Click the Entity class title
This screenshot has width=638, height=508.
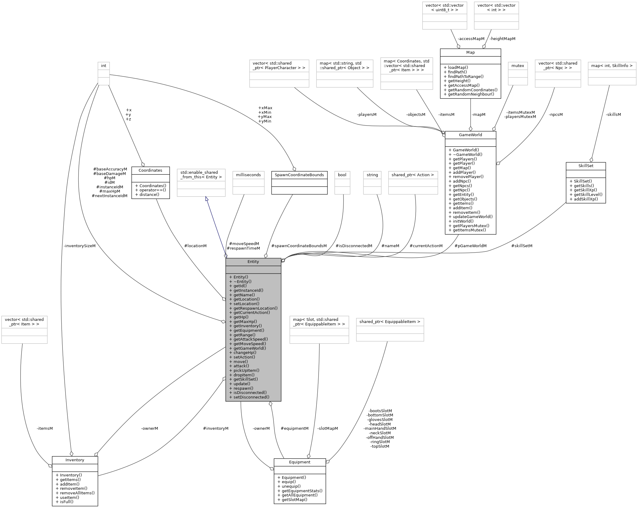253,261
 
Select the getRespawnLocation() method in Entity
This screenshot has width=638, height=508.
255,308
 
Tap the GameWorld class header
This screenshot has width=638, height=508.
470,135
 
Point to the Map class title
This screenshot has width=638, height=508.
470,52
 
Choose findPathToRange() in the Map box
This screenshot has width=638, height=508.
468,76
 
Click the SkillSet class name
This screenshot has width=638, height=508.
586,166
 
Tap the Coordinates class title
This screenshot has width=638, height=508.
150,170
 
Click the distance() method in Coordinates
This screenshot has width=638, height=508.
149,194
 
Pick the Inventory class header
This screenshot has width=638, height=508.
75,460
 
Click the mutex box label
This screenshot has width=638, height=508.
518,66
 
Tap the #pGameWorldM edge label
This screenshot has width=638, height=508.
470,246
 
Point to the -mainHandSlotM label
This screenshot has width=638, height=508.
380,429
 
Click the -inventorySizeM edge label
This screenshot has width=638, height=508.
79,246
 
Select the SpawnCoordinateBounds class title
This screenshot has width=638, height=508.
299,175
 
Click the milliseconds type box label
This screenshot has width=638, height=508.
248,175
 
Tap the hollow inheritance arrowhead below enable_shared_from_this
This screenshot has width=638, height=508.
207,199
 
